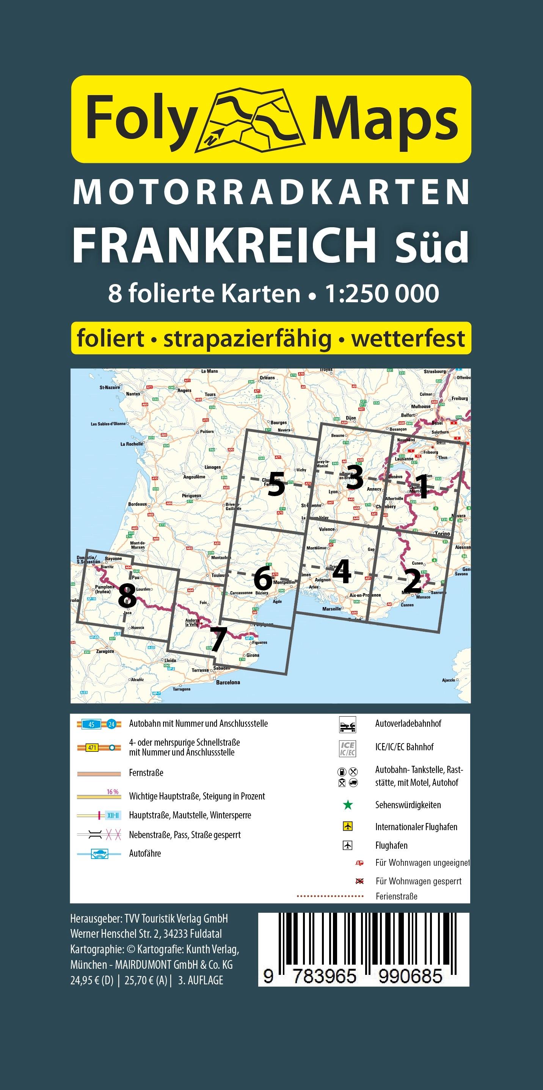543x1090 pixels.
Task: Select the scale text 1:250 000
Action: pyautogui.click(x=381, y=294)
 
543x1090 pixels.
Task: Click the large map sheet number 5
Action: pyautogui.click(x=276, y=484)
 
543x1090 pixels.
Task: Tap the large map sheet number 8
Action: pyautogui.click(x=127, y=596)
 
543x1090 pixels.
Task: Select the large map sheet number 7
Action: pyautogui.click(x=218, y=639)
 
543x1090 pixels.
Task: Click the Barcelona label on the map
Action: pyautogui.click(x=228, y=682)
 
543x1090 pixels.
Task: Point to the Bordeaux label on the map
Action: pyautogui.click(x=138, y=504)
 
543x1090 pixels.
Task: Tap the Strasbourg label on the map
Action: pyautogui.click(x=435, y=372)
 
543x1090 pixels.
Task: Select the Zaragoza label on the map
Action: pyautogui.click(x=105, y=651)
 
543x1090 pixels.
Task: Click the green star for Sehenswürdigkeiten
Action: pyautogui.click(x=348, y=805)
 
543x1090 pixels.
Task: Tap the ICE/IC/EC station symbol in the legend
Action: pyautogui.click(x=347, y=748)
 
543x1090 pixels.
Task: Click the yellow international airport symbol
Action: pyautogui.click(x=347, y=826)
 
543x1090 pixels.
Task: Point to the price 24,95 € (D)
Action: pyautogui.click(x=92, y=980)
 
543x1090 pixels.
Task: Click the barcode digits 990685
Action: pyautogui.click(x=410, y=976)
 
